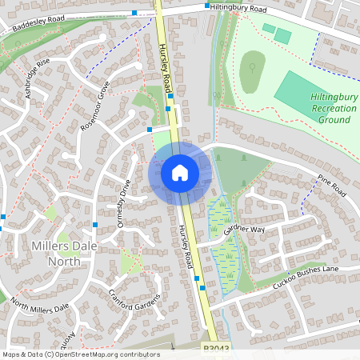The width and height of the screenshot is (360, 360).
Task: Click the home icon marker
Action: point(180,172)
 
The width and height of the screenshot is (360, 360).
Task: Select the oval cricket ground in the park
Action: point(253,70)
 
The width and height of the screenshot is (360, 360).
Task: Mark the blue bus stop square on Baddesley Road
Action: point(134,13)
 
